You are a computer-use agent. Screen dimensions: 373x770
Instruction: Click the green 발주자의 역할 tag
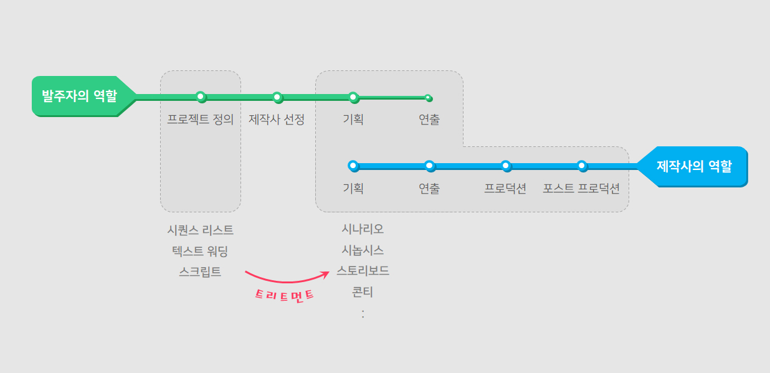pos(79,96)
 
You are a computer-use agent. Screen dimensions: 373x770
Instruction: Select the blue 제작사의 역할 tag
pos(694,166)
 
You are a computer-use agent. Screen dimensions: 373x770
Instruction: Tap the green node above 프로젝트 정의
pos(201,97)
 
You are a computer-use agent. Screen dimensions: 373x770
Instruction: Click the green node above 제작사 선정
pos(277,97)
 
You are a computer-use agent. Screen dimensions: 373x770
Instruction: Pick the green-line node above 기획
pos(353,97)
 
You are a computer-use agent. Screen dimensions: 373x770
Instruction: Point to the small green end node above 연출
pos(428,98)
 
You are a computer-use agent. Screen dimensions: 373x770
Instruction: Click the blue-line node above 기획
pos(353,166)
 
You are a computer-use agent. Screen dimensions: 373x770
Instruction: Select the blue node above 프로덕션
pos(506,166)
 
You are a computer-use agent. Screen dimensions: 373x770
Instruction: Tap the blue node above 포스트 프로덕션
pos(581,166)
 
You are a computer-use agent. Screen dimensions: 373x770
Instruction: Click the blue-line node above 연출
pos(429,166)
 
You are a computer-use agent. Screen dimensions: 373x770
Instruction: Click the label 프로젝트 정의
pos(201,120)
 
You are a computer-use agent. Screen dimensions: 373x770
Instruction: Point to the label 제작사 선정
pos(277,120)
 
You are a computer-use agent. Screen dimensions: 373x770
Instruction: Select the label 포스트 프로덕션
pos(581,189)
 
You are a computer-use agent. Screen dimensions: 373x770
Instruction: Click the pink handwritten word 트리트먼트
pos(285,295)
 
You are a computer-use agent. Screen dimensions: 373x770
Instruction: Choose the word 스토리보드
pos(363,271)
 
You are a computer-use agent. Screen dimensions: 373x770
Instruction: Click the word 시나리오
pos(363,229)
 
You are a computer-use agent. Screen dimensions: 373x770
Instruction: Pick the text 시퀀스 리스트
pos(201,230)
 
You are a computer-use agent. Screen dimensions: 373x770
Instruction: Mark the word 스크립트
pos(200,271)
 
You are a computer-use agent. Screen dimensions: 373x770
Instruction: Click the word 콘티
pos(363,291)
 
